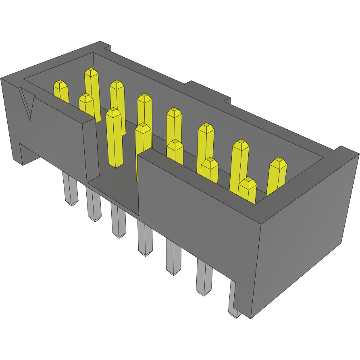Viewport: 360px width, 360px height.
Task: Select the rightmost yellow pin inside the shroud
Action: [x=278, y=173]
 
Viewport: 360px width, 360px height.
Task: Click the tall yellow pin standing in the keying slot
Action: [x=114, y=137]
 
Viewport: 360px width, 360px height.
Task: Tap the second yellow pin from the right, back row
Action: [x=240, y=161]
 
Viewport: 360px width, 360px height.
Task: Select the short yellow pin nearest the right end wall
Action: [x=247, y=189]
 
